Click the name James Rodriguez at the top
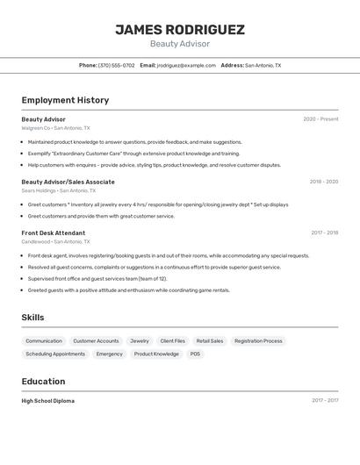tap(180, 30)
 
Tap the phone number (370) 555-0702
tap(117, 65)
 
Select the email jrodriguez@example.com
tap(186, 65)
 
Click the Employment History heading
tap(65, 100)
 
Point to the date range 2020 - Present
tap(320, 119)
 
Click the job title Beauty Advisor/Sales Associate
tap(68, 182)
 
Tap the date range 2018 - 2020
tap(323, 182)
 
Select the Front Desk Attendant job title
tap(54, 232)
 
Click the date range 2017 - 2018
tap(324, 232)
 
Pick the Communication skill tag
tap(44, 340)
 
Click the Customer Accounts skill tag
tap(96, 340)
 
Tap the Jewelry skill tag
tap(140, 340)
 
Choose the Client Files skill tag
tap(172, 340)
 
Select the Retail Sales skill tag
tap(210, 340)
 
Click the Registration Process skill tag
tap(258, 340)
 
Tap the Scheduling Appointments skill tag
tap(55, 354)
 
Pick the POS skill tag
tap(195, 354)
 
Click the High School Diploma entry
tap(48, 401)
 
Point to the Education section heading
tap(43, 382)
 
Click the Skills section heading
tap(32, 318)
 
